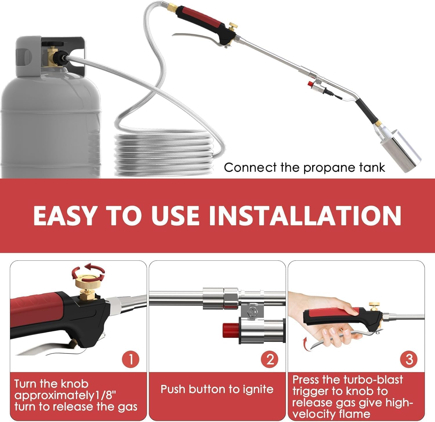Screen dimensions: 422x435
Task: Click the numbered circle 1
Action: tap(130, 359)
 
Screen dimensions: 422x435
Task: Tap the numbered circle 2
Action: tap(270, 359)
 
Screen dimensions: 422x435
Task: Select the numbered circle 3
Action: tap(409, 359)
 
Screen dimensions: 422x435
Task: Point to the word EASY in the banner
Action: tap(64, 215)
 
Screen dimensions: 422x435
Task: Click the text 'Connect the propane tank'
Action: tap(304, 168)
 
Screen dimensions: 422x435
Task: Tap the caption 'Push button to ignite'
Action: tap(217, 389)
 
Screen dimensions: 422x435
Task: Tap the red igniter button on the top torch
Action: tap(311, 85)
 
